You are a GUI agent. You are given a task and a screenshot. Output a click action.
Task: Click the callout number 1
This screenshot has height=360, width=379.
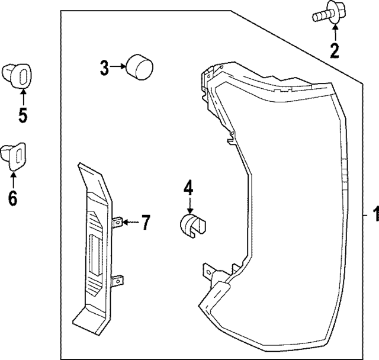point(373,214)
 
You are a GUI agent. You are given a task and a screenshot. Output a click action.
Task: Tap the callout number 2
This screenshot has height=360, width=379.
point(335,51)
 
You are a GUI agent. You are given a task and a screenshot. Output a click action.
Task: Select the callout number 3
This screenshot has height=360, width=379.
point(104,68)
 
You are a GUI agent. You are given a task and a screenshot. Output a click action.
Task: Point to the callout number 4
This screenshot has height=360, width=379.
point(188,188)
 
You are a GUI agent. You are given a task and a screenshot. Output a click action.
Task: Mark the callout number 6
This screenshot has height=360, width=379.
point(12,197)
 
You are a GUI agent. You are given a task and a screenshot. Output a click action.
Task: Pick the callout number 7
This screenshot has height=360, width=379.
point(145,223)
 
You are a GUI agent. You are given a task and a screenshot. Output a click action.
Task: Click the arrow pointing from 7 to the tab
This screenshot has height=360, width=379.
point(131,223)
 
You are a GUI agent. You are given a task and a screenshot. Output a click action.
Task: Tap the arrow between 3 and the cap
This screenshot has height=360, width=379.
point(118,67)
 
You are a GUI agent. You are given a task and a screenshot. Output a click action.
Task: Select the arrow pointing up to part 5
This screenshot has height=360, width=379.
point(23,96)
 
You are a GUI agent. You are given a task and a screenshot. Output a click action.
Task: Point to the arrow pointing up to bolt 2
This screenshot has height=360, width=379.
point(335,33)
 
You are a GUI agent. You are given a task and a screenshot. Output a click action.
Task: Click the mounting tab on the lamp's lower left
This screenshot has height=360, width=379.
point(208,271)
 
